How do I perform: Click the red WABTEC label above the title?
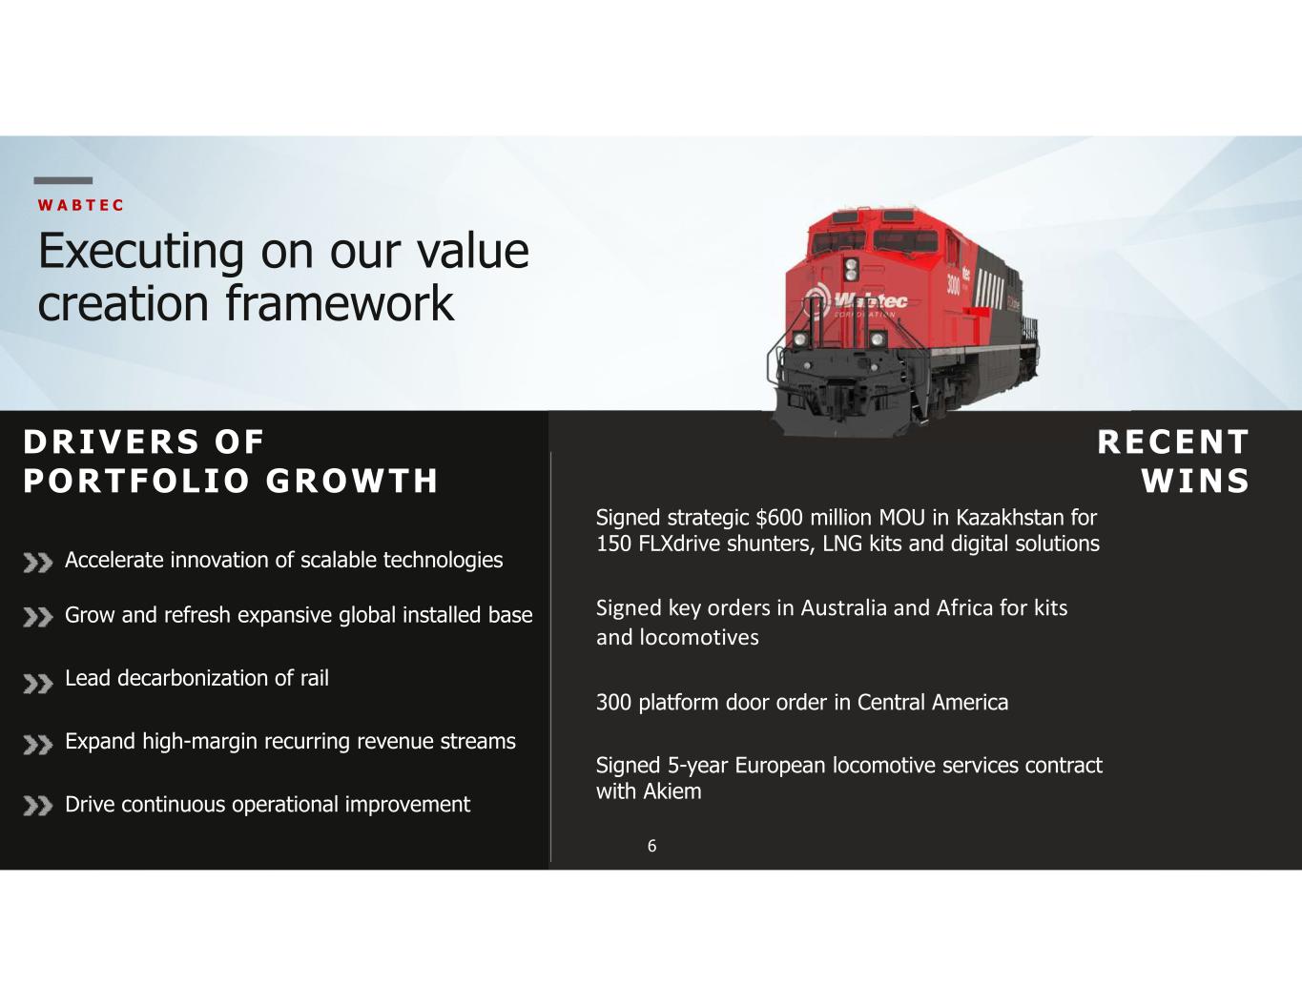[x=80, y=205]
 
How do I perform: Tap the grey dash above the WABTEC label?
[x=63, y=180]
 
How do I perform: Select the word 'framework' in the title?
[x=340, y=303]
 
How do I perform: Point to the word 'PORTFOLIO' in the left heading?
[x=135, y=481]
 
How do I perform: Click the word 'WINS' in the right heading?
[x=1195, y=481]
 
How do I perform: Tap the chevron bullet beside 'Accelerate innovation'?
[x=38, y=564]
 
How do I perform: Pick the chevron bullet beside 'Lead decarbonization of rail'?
[x=38, y=684]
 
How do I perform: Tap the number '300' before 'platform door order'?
[x=613, y=703]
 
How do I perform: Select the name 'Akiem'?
[x=672, y=791]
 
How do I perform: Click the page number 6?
[x=651, y=846]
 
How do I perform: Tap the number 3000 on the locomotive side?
[x=953, y=287]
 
